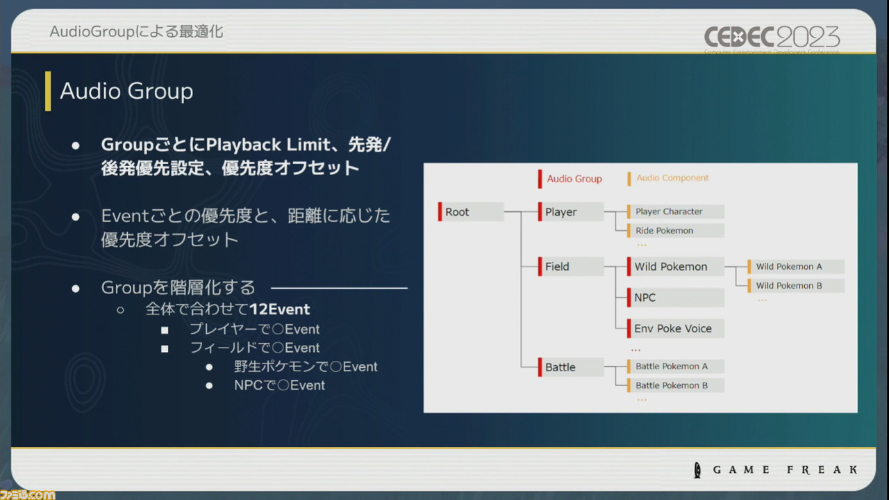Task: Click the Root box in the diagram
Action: tap(471, 212)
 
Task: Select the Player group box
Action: tap(570, 212)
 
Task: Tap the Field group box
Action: tap(570, 266)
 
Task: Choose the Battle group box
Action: tap(570, 367)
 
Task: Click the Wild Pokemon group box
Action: tap(675, 266)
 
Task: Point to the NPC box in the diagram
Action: tap(675, 298)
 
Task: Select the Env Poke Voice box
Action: tap(675, 329)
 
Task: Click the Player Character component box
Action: tap(675, 211)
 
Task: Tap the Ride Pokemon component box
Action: tap(675, 231)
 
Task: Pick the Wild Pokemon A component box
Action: tap(795, 266)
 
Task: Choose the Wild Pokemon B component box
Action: tap(795, 286)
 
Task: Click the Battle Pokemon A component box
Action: tap(675, 366)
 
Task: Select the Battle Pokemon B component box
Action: tap(675, 385)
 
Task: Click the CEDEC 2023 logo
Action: tap(772, 38)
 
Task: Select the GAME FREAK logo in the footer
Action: tap(777, 470)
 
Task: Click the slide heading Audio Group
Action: tap(126, 91)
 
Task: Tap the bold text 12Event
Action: tap(279, 309)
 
